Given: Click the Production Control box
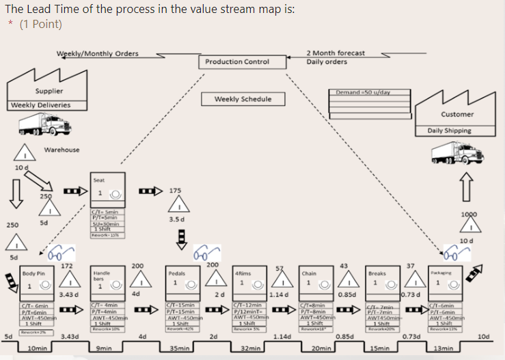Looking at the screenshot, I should pos(237,62).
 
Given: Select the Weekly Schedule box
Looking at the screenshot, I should pos(243,99).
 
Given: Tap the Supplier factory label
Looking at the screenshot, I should pos(49,91).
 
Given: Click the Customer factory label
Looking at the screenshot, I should pos(457,114).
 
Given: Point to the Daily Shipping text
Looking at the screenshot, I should pos(449,130).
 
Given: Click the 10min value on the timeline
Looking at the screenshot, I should pos(38,348).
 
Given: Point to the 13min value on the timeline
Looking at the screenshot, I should pos(443,348).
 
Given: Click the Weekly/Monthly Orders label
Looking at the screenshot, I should pos(97,54).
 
